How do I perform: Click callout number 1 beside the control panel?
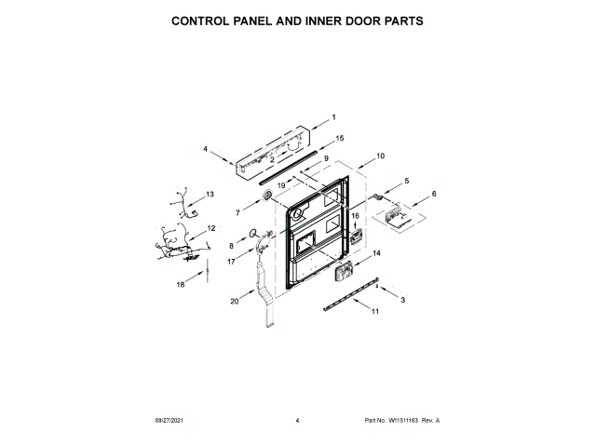334,117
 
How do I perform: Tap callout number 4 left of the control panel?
205,148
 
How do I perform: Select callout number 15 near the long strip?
340,138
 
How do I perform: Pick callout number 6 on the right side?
433,194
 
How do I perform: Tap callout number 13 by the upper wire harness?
237,213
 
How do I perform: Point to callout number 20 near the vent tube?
235,301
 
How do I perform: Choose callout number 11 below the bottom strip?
375,312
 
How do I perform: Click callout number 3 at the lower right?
402,301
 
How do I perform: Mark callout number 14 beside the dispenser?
377,253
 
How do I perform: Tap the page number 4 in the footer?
297,421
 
